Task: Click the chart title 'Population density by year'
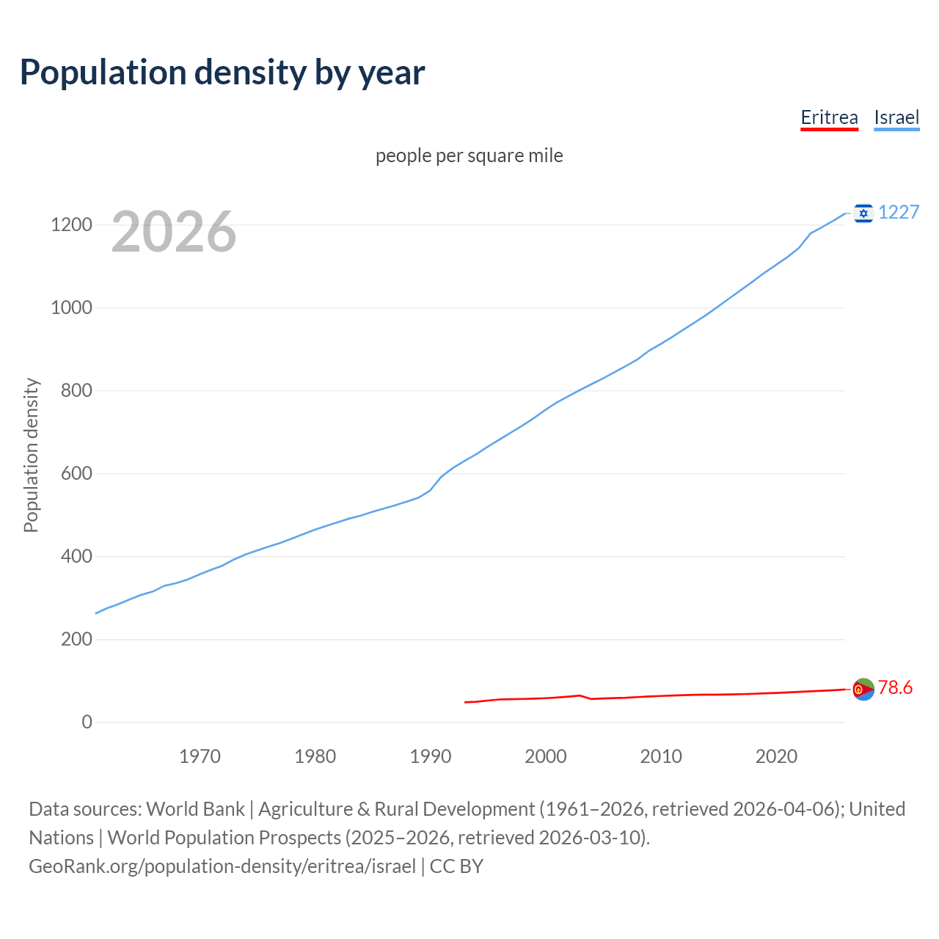click(x=222, y=73)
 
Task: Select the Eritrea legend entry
click(x=829, y=118)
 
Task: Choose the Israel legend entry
click(x=896, y=118)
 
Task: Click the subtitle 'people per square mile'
click(x=469, y=156)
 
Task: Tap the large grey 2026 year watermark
click(x=174, y=232)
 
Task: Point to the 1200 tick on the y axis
click(x=71, y=225)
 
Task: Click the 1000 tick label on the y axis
click(x=71, y=308)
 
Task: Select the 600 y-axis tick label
click(x=76, y=474)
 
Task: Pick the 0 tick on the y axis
click(x=87, y=723)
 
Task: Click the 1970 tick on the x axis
click(x=200, y=756)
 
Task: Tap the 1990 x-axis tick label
click(x=431, y=756)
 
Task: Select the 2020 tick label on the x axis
click(x=776, y=756)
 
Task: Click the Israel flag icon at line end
click(x=863, y=213)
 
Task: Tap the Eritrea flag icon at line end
click(x=863, y=689)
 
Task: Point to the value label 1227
click(x=899, y=213)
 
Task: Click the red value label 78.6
click(x=895, y=688)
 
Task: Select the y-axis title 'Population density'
click(x=31, y=455)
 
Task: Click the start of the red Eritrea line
click(x=466, y=702)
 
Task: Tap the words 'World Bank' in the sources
click(x=195, y=809)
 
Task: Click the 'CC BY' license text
click(x=456, y=866)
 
